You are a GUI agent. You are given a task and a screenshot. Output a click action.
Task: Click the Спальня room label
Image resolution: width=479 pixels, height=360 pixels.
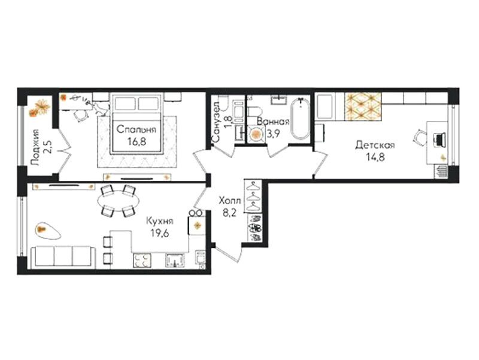click(137, 129)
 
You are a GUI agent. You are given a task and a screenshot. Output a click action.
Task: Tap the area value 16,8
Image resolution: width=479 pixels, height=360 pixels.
click(137, 141)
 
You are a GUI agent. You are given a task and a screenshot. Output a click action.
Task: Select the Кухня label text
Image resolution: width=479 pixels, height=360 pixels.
click(160, 221)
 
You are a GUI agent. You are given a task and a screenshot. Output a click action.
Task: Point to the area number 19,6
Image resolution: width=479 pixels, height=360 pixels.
click(160, 233)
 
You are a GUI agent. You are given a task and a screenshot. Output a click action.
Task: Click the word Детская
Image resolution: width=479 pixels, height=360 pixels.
click(375, 145)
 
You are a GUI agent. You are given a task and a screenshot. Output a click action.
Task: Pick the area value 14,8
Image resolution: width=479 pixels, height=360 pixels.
click(375, 157)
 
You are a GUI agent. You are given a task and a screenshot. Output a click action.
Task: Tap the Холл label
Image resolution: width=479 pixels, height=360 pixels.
click(230, 201)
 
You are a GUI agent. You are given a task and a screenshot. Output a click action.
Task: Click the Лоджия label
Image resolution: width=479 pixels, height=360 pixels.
click(36, 147)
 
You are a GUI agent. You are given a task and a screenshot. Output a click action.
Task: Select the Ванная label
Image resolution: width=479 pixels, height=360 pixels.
click(273, 122)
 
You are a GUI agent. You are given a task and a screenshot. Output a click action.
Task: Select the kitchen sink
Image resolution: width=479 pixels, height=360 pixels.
click(175, 261)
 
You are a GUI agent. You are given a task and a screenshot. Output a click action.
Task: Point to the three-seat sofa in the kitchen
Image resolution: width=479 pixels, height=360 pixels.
click(63, 256)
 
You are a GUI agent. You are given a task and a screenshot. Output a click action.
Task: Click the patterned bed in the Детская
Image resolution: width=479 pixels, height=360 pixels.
click(363, 107)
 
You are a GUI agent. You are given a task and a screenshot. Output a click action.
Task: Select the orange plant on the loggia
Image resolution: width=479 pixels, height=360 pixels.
click(40, 108)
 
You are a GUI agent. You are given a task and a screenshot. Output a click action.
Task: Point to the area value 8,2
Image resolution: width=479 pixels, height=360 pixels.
click(230, 213)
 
